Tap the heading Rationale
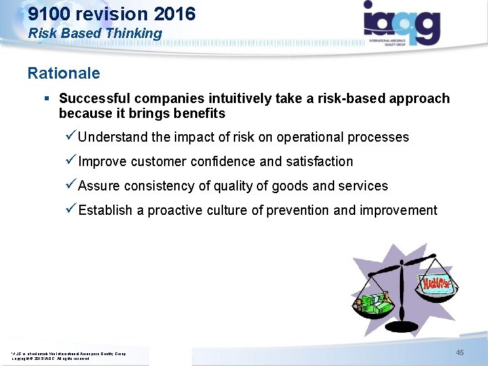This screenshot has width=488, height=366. [64, 73]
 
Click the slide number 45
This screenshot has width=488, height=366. [460, 352]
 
